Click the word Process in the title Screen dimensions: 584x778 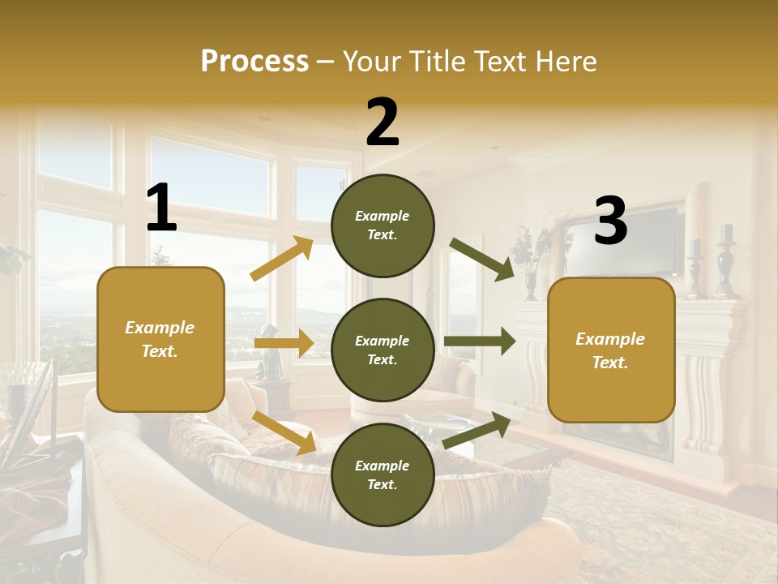(x=254, y=62)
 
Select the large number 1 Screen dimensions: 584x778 (x=161, y=208)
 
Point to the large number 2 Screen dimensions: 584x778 (x=383, y=122)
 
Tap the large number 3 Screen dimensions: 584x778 (x=610, y=221)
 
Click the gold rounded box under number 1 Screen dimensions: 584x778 (x=160, y=339)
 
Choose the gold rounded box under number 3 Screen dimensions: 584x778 (x=611, y=350)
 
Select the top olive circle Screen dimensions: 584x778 (x=383, y=225)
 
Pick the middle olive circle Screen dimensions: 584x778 (x=383, y=350)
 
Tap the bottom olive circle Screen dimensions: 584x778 (x=383, y=474)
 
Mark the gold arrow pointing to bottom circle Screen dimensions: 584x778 (x=284, y=432)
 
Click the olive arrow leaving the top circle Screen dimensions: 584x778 (x=481, y=259)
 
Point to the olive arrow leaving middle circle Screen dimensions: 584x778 (x=479, y=341)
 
